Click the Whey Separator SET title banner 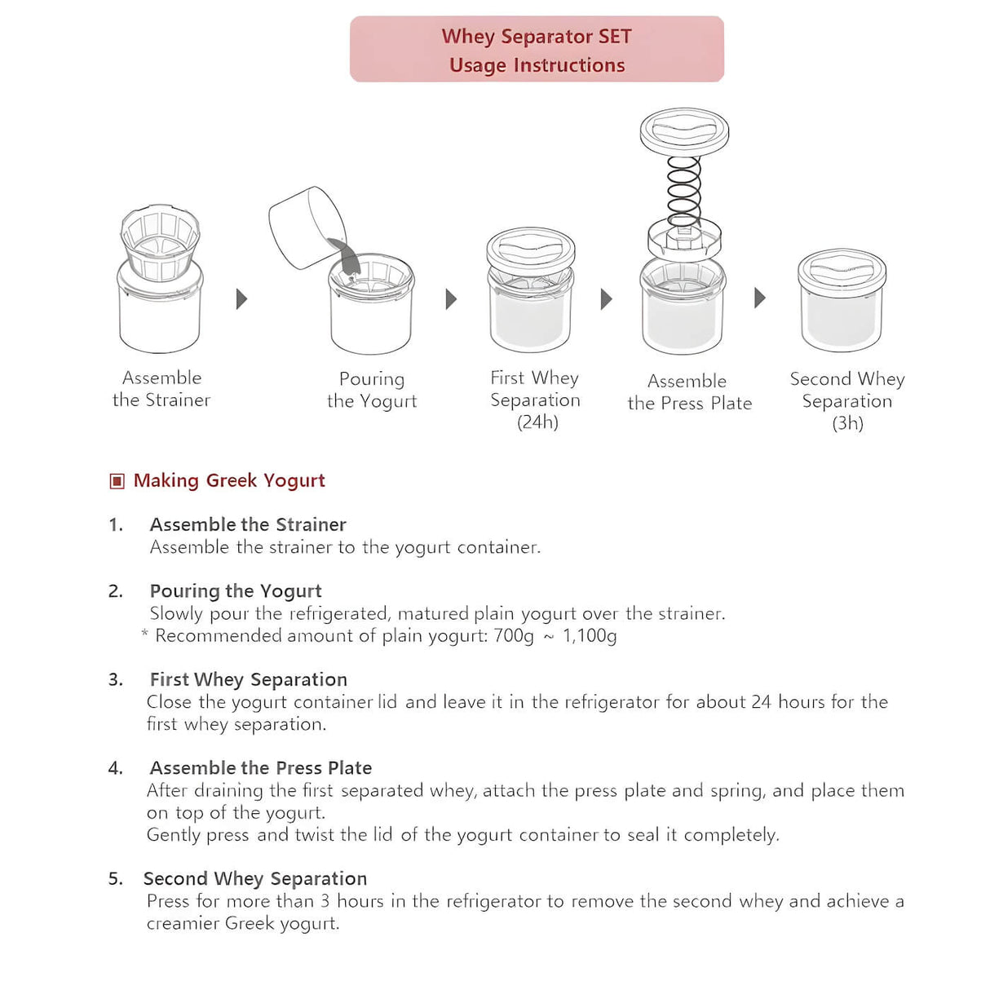click(537, 50)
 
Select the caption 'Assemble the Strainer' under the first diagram click(161, 389)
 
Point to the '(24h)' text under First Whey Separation click(537, 422)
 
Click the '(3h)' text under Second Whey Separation click(847, 423)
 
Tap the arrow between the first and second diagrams click(241, 298)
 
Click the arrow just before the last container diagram click(759, 298)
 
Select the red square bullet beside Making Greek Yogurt click(117, 481)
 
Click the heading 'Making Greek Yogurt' click(229, 480)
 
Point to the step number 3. click(115, 680)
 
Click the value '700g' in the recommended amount click(514, 636)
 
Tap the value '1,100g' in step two click(590, 636)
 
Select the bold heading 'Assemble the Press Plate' click(261, 768)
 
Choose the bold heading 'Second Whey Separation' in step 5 click(255, 879)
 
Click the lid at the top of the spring click(684, 131)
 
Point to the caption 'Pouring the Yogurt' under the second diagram click(372, 390)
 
